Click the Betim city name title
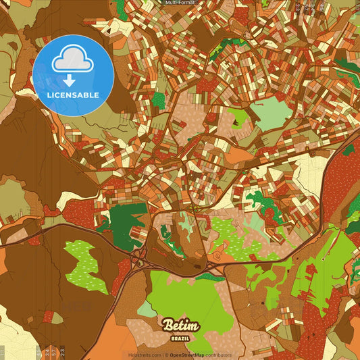coord(180,325)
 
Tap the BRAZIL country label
coord(180,336)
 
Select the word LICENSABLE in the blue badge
coord(73,95)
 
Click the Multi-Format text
coord(180,3)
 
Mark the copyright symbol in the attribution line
coord(166,355)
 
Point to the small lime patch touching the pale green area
coord(238,119)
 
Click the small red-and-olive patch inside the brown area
coord(49,315)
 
